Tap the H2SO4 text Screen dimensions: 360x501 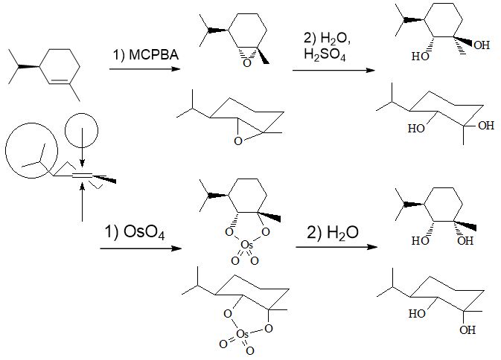(326, 56)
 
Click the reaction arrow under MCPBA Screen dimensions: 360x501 (144, 70)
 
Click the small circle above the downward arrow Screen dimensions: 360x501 (81, 131)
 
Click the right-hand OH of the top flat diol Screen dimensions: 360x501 (482, 46)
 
